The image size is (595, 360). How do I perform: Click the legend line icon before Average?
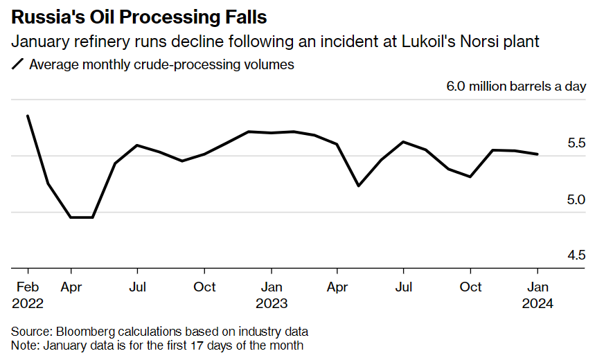[x=17, y=65]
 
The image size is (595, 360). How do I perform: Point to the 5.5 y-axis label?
[x=576, y=144]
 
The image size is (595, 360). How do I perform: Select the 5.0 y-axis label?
[x=576, y=200]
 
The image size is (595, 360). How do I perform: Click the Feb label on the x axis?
[x=28, y=287]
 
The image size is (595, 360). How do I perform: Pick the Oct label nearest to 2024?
[x=471, y=287]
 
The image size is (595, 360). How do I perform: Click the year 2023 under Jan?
[x=271, y=303]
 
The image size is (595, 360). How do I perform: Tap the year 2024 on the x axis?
[x=537, y=303]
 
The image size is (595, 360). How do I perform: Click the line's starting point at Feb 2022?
[x=28, y=116]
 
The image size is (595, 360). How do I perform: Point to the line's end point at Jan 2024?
[x=538, y=154]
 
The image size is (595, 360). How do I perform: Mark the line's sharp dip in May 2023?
[x=359, y=186]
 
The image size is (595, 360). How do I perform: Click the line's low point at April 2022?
[x=71, y=217]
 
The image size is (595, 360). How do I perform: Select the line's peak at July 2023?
[x=403, y=142]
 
